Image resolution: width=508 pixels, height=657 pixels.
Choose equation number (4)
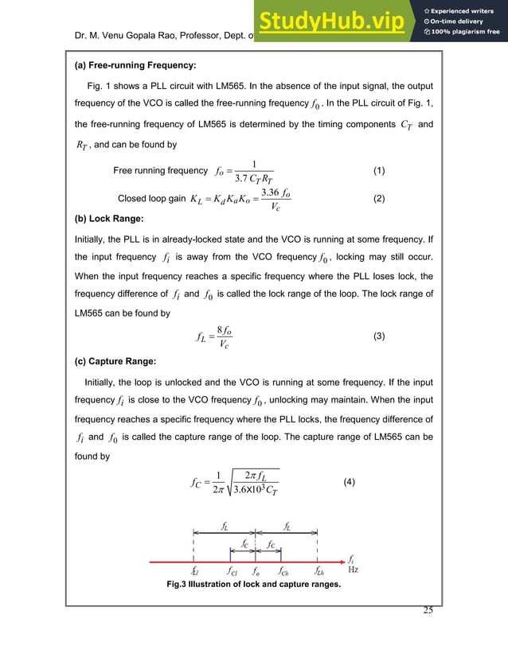point(350,483)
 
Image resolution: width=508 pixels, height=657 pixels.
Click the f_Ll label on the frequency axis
point(195,570)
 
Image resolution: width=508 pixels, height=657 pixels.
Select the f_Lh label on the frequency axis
point(318,570)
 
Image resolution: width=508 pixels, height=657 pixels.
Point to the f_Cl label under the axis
point(232,570)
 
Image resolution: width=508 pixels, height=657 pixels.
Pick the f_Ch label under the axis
point(284,570)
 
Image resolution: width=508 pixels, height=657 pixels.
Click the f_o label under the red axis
point(256,570)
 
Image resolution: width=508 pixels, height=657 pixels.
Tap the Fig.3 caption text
point(253,585)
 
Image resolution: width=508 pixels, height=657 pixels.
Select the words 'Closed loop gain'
point(147,199)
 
